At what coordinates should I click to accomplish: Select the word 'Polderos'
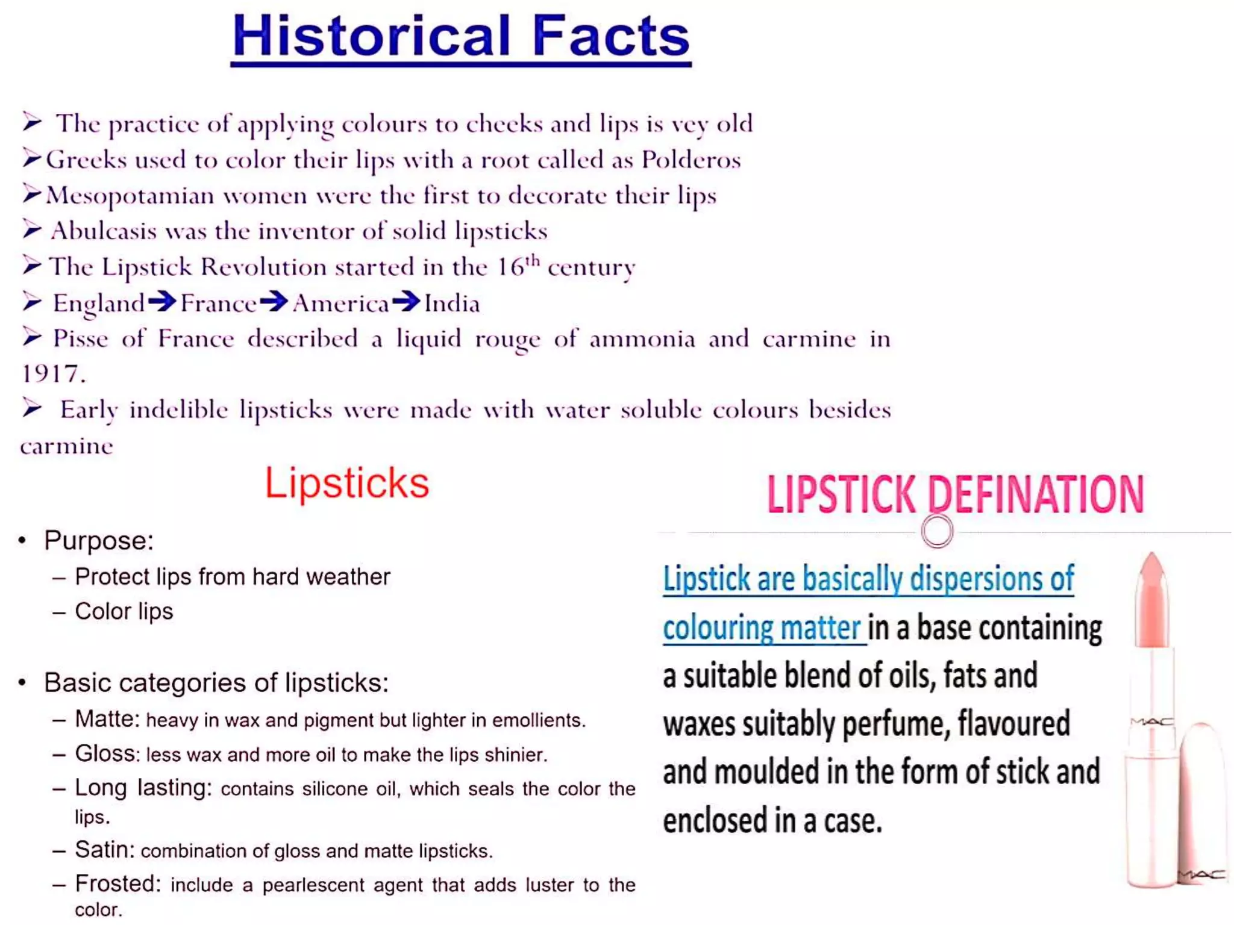pyautogui.click(x=691, y=160)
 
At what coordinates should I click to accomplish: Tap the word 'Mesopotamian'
pyautogui.click(x=130, y=196)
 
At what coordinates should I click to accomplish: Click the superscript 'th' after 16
pyautogui.click(x=532, y=261)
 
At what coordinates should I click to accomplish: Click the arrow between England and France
pyautogui.click(x=162, y=301)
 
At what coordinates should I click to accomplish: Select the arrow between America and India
pyautogui.click(x=406, y=301)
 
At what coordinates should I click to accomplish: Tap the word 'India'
pyautogui.click(x=452, y=304)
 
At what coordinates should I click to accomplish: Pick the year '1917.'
pyautogui.click(x=53, y=375)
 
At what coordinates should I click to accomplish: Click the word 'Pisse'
pyautogui.click(x=80, y=339)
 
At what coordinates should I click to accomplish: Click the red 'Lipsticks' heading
pyautogui.click(x=346, y=483)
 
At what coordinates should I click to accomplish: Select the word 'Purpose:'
pyautogui.click(x=99, y=540)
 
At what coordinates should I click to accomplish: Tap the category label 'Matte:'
pyautogui.click(x=107, y=719)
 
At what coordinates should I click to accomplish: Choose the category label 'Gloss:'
pyautogui.click(x=107, y=754)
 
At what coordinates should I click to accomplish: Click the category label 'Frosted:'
pyautogui.click(x=118, y=884)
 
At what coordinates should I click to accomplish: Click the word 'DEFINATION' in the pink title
pyautogui.click(x=1035, y=494)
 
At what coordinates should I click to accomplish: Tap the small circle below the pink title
pyautogui.click(x=937, y=531)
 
